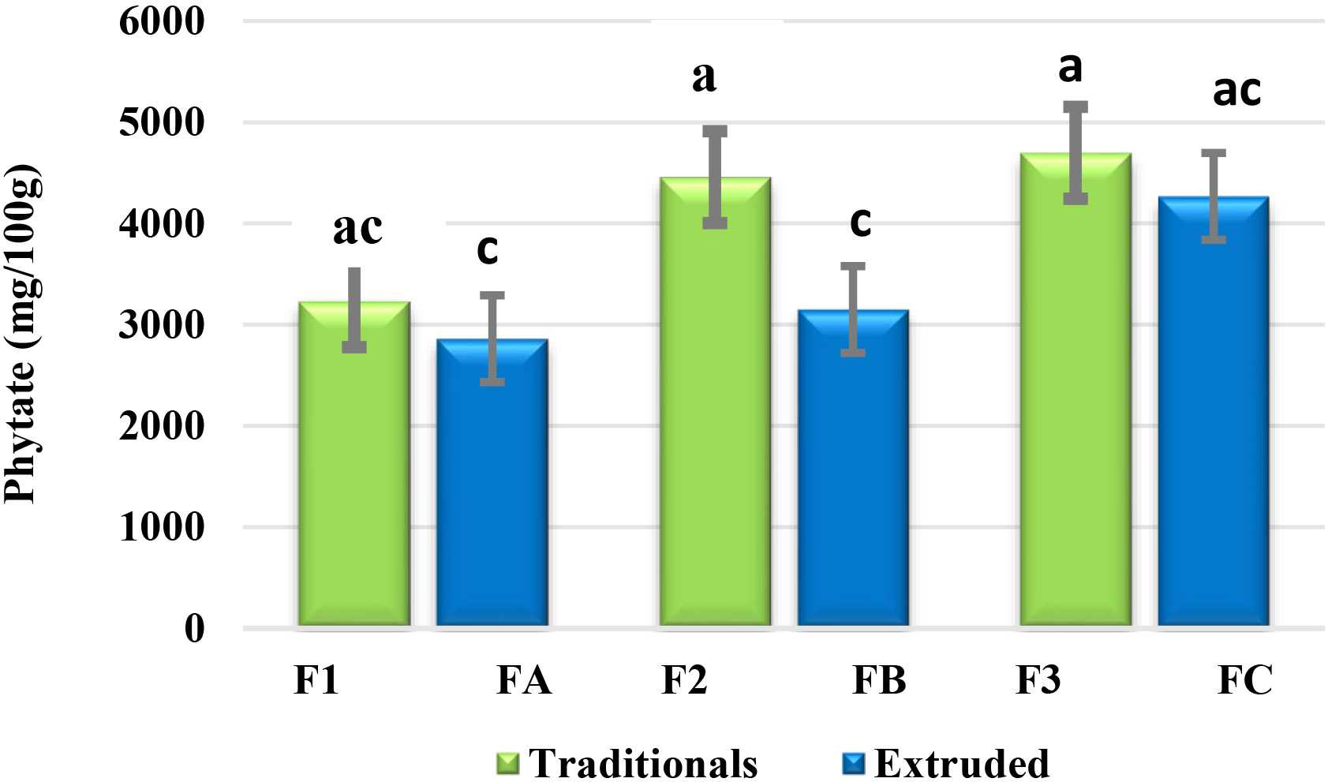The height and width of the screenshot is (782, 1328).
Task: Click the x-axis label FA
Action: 524,680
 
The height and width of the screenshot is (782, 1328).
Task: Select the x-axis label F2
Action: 684,680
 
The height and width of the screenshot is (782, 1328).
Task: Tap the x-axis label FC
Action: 1245,680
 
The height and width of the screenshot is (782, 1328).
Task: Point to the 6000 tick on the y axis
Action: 162,21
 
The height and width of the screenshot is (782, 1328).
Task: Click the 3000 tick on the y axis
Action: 162,325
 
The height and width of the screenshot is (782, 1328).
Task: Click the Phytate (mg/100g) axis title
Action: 21,333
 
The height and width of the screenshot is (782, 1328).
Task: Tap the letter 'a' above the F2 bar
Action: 704,77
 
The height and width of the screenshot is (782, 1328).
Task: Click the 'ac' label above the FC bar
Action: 1236,91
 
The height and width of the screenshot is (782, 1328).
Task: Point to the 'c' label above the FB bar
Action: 860,222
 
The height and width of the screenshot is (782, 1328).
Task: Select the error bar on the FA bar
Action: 492,339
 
